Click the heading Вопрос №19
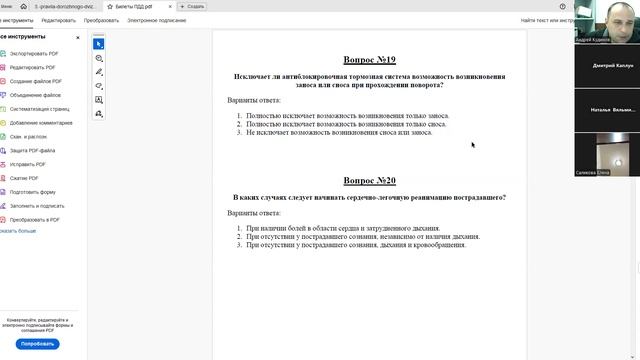click(369, 60)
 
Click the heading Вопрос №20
click(369, 180)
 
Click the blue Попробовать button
click(37, 343)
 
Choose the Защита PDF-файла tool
click(35, 150)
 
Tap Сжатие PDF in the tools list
click(25, 178)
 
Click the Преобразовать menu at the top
click(101, 20)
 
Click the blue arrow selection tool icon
click(99, 44)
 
